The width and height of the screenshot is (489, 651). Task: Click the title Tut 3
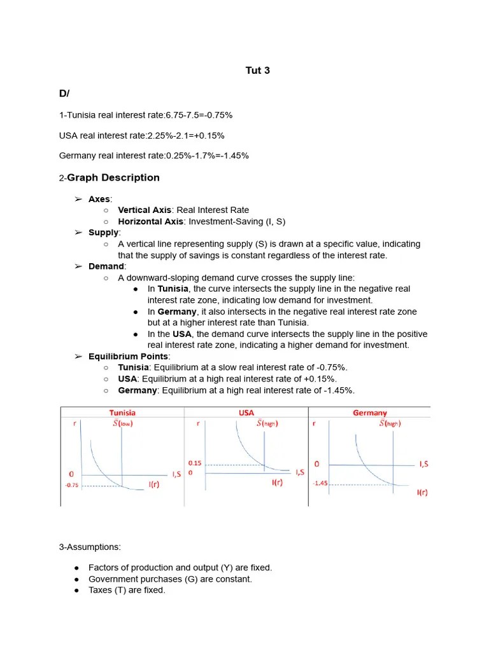257,71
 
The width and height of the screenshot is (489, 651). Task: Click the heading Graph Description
113,178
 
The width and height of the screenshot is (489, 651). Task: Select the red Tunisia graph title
122,413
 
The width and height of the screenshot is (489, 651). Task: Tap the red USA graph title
246,413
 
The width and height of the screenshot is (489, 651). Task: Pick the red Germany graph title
370,413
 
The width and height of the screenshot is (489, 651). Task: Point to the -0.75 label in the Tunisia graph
71,485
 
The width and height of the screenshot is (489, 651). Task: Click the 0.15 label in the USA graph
194,463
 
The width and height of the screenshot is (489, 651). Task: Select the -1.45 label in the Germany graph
320,483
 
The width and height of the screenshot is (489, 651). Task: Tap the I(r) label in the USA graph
278,483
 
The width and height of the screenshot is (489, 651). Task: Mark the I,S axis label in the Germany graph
423,464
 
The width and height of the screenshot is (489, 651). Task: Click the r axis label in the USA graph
198,423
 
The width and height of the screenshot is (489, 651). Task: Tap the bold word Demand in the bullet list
107,266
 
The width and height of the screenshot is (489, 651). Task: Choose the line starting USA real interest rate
141,135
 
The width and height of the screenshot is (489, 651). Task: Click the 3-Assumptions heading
90,547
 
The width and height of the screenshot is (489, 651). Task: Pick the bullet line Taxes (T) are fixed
127,590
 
